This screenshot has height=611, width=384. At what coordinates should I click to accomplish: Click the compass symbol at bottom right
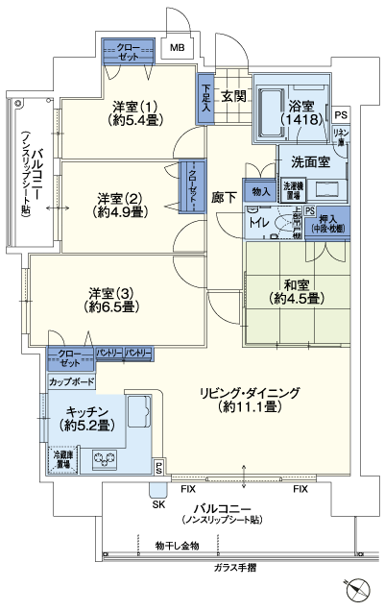click(x=359, y=589)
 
